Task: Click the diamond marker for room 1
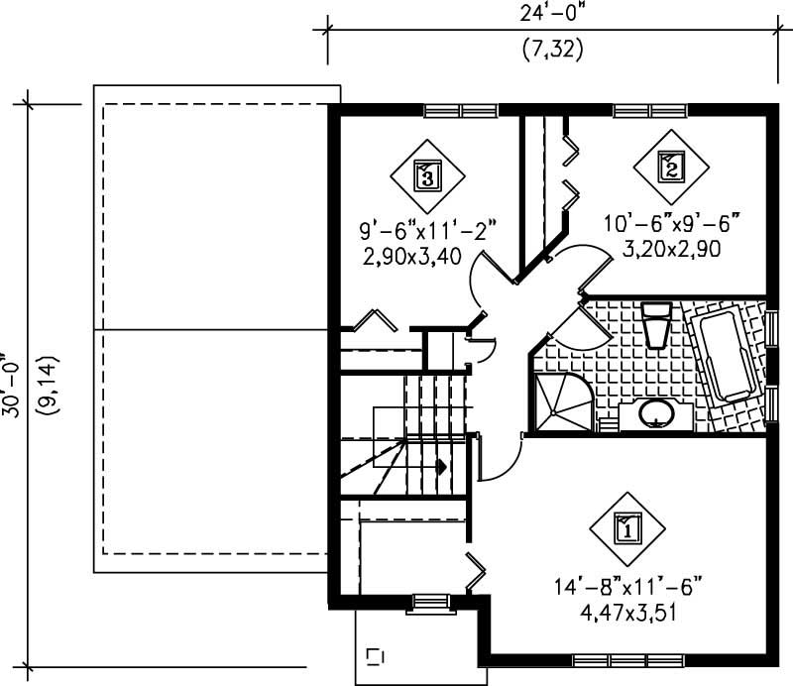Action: [626, 526]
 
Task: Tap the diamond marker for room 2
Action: [670, 168]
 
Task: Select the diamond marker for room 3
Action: [426, 175]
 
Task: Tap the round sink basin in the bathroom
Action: [654, 411]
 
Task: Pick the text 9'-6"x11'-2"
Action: [427, 233]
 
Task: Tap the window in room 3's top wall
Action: [461, 110]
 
